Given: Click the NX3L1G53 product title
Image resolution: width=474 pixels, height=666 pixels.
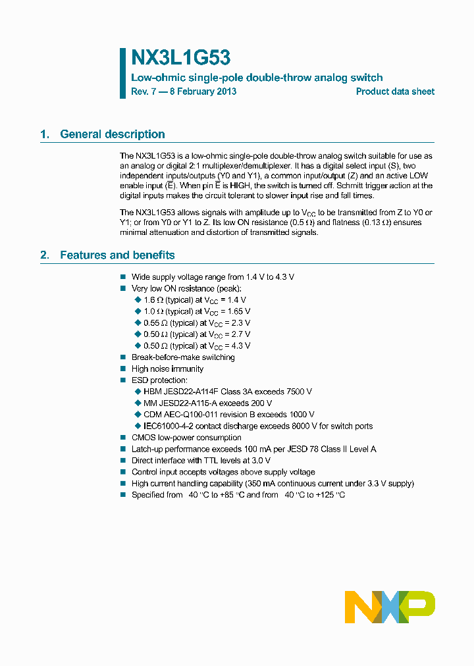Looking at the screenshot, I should tap(180, 59).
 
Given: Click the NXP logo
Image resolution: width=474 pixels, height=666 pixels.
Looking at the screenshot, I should tap(390, 606).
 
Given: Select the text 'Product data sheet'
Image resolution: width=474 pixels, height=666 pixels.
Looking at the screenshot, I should tap(395, 92).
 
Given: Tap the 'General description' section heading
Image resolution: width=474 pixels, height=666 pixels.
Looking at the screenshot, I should tap(112, 134).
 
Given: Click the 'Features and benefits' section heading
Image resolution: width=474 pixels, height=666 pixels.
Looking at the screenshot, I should tap(117, 255).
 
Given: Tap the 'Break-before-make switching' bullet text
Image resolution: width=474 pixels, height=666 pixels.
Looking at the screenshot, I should tap(183, 357).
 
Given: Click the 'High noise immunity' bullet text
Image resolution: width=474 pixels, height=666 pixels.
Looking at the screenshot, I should tap(167, 369).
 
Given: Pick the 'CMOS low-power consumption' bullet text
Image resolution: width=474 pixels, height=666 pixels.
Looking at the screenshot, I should tap(186, 438).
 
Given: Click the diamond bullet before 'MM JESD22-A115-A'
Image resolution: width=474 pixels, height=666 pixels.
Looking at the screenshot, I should tap(138, 403).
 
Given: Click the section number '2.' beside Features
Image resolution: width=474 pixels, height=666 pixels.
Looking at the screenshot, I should tap(45, 255).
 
